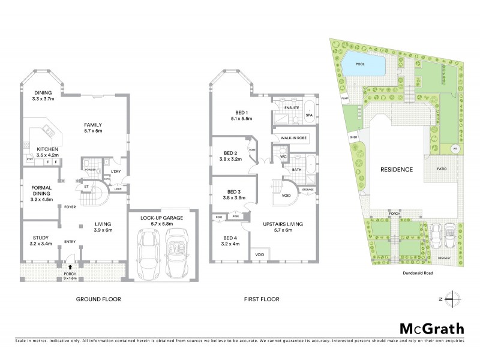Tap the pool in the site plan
click(x=365, y=63)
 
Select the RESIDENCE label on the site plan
click(x=397, y=169)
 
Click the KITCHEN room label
click(x=47, y=149)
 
